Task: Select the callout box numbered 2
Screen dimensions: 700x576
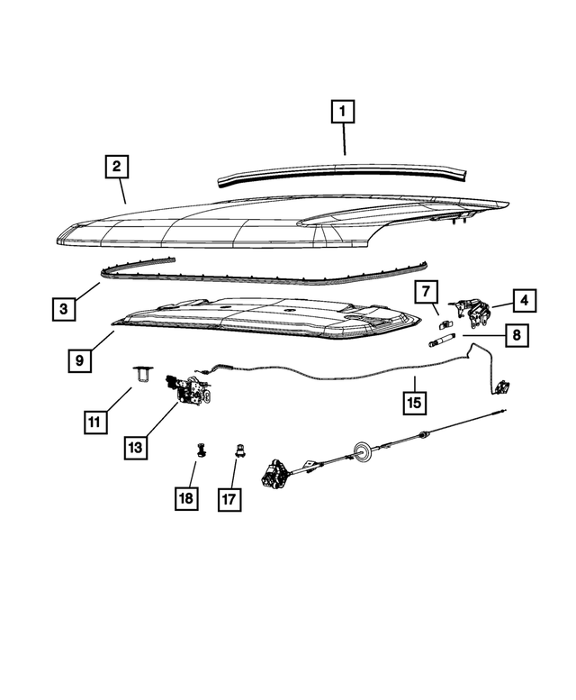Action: pos(116,167)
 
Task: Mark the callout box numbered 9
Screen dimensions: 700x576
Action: pos(79,359)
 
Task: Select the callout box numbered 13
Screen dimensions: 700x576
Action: pos(134,447)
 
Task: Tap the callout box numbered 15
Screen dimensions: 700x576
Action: pos(413,402)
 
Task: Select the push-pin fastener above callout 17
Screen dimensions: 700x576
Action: pos(239,451)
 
